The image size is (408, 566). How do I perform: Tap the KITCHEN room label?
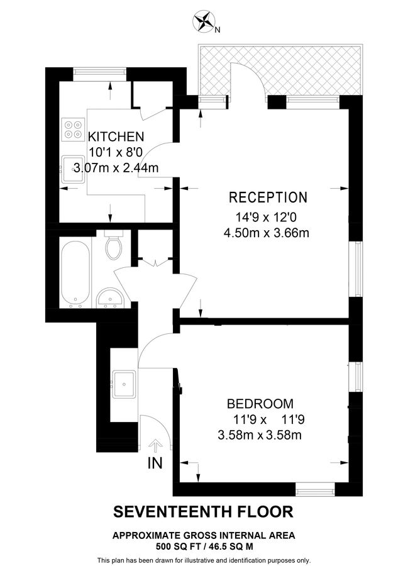(x=116, y=136)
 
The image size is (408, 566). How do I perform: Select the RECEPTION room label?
(x=268, y=197)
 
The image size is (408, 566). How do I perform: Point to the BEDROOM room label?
(x=260, y=404)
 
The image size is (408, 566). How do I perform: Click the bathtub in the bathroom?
(x=75, y=273)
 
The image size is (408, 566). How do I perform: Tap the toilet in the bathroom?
(x=114, y=246)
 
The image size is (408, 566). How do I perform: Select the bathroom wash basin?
(x=111, y=297)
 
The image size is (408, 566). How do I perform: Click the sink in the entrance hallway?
(x=123, y=382)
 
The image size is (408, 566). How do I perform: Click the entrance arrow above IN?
(x=156, y=445)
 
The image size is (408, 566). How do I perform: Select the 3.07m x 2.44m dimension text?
(x=116, y=167)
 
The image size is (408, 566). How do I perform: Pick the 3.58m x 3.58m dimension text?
(x=260, y=435)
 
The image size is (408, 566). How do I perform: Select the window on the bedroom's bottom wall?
(x=315, y=486)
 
